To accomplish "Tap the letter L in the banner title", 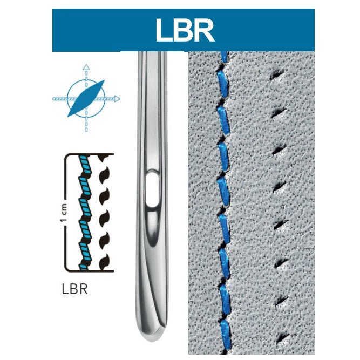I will click(x=164, y=30).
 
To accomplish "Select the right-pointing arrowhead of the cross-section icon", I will click(x=117, y=99).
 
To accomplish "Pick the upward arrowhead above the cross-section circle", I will click(x=86, y=67).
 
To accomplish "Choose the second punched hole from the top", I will click(x=279, y=113).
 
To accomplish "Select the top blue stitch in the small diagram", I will click(x=83, y=162).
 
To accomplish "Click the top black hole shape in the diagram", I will click(x=103, y=159).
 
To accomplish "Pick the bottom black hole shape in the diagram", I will click(x=103, y=263).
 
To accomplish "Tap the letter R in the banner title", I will click(x=202, y=30).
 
